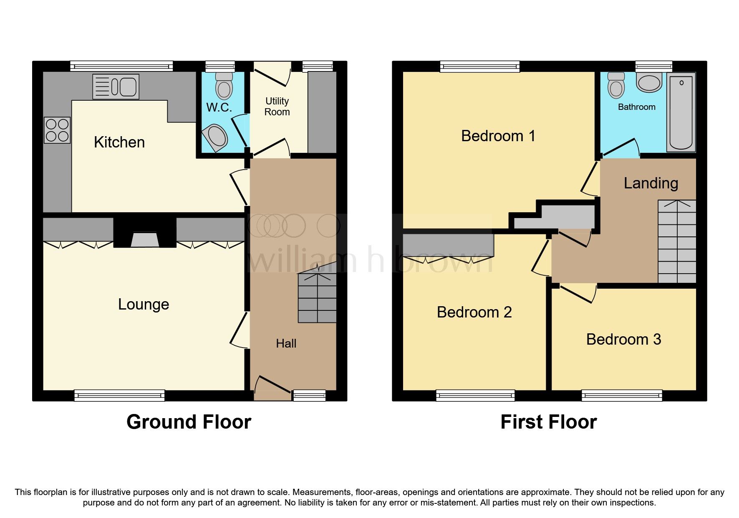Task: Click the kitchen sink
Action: tap(116, 87)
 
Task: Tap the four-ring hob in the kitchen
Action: tap(57, 130)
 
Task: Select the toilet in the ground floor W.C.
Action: tap(224, 85)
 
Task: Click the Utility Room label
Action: tap(277, 107)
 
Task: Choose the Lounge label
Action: tap(144, 304)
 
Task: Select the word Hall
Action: tap(286, 343)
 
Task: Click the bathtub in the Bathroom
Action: tap(681, 112)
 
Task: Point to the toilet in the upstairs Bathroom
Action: tap(615, 85)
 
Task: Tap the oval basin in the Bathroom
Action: tap(649, 82)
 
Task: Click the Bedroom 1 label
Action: tap(498, 136)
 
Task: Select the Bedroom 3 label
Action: tap(623, 339)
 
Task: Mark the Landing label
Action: tap(651, 183)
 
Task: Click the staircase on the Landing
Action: tap(677, 241)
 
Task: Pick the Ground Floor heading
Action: tap(189, 422)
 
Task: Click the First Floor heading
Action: tap(548, 422)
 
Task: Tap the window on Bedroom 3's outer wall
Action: tap(622, 395)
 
